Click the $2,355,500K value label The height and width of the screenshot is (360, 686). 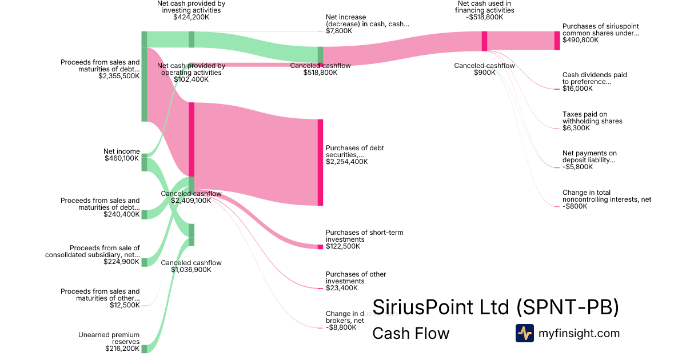coord(119,76)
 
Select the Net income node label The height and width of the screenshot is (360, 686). coord(121,151)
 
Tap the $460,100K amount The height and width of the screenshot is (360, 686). coord(122,158)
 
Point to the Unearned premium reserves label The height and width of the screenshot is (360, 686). coord(109,338)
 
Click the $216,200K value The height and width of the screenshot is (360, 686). coord(122,349)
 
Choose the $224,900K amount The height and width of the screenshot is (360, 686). coord(122,262)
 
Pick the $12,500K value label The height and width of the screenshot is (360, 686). coord(125,305)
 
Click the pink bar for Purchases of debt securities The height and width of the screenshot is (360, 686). coord(320,162)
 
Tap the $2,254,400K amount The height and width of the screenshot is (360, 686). coord(347,162)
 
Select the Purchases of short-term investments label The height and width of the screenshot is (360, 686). coord(365,236)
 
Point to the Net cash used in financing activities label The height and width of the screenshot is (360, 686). coord(485,7)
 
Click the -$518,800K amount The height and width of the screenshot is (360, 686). coord(485,17)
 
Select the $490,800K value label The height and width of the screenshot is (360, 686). coord(581,40)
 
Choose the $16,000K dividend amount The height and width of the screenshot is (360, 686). coord(577,89)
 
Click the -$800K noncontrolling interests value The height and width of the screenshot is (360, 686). coord(575,206)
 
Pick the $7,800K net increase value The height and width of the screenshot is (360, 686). coord(339,31)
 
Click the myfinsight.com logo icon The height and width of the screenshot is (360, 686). coord(524,333)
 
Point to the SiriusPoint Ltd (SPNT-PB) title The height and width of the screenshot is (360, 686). coord(496,307)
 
